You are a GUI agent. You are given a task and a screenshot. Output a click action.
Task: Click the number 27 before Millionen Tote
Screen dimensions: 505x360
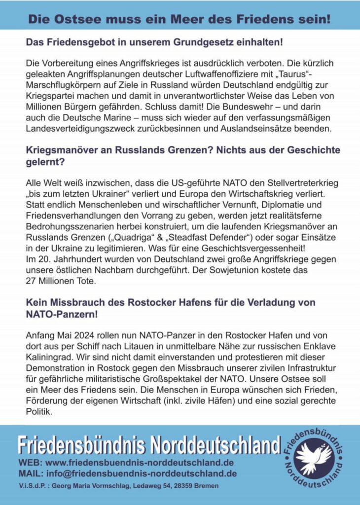[x=31, y=281]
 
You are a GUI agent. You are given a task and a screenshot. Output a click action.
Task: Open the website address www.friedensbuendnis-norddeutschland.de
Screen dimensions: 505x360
[x=139, y=463]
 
